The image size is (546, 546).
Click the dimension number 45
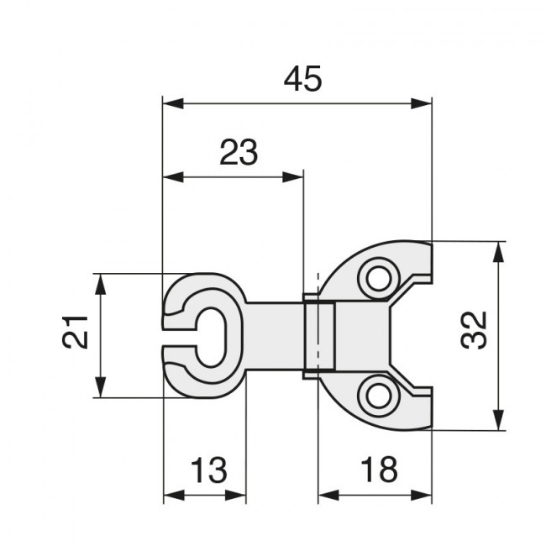302,79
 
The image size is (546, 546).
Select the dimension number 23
239,152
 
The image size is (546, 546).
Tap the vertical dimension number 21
75,332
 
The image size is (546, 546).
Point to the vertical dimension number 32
474,330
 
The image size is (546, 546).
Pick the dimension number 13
209,470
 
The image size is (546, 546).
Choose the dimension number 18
379,470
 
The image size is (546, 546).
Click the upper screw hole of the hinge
379,278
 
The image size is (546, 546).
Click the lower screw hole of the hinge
379,396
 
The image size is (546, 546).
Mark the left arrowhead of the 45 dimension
173,103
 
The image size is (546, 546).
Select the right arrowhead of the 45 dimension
422,103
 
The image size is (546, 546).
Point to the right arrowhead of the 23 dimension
293,177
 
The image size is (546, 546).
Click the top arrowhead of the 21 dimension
101,285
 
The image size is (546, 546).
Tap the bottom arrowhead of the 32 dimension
499,420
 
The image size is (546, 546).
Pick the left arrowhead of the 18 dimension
328,495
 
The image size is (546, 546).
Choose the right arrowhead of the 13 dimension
236,495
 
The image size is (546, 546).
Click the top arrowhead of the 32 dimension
499,252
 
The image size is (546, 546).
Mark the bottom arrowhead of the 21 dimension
101,387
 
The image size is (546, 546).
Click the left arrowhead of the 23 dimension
173,177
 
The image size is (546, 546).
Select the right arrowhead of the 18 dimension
422,495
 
